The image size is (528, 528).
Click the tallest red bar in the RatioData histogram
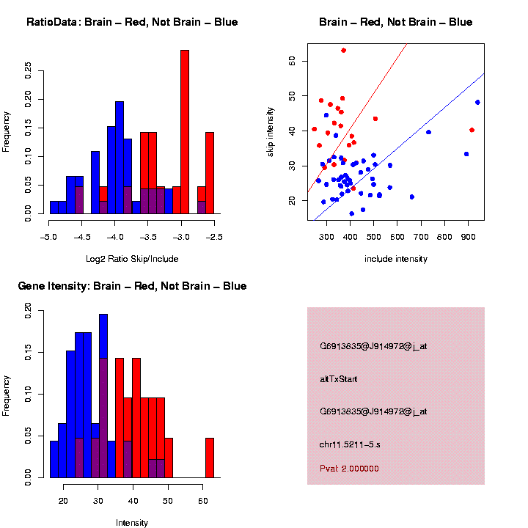[185, 132]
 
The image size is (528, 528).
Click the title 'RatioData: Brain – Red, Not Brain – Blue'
[132, 22]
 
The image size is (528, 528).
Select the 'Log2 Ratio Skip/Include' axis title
[132, 258]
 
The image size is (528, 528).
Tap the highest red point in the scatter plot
[343, 51]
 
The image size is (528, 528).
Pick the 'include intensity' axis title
[396, 259]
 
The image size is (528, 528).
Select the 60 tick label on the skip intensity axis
[292, 62]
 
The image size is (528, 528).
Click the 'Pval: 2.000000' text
[349, 468]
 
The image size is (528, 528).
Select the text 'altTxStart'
[339, 379]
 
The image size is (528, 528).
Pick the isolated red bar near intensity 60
[210, 458]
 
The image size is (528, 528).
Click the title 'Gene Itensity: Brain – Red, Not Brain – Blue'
[132, 286]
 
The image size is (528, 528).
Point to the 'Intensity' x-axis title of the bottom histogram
[132, 523]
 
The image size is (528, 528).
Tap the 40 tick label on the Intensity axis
[133, 501]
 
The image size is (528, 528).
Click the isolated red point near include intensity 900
[472, 130]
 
